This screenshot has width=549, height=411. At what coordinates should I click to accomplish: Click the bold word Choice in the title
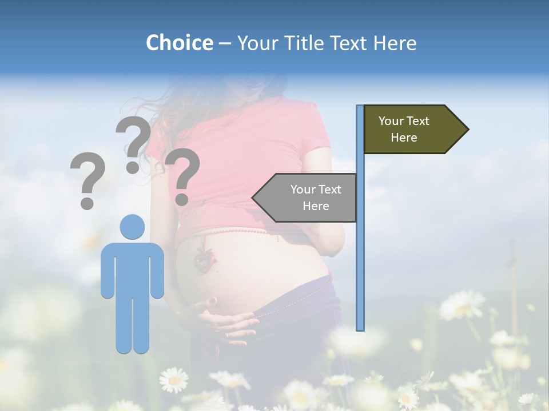[179, 43]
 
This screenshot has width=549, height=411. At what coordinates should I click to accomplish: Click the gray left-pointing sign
[309, 198]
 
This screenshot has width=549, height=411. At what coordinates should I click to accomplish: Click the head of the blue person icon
[132, 227]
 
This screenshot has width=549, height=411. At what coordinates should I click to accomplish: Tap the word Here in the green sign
[404, 138]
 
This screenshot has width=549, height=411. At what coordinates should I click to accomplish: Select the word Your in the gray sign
[303, 190]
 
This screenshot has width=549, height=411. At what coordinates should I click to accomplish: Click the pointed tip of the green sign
[467, 130]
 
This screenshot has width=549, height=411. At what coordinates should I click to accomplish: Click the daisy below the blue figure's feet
[173, 380]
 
